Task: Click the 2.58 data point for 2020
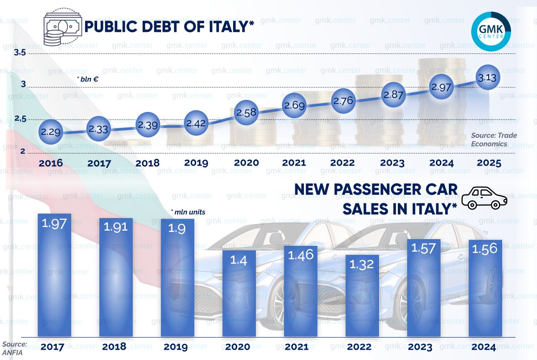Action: [x=246, y=112]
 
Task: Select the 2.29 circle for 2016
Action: [x=50, y=133]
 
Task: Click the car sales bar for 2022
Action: [x=362, y=296]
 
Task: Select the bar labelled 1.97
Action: [x=54, y=275]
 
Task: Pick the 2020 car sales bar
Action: [x=239, y=293]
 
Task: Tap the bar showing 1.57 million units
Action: [x=423, y=287]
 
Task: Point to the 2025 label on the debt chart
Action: [x=489, y=163]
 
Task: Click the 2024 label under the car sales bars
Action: [x=483, y=347]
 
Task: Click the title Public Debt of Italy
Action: [x=169, y=27]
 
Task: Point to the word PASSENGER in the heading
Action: [x=375, y=190]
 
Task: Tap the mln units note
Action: [x=188, y=212]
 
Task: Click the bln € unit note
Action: [x=88, y=79]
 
